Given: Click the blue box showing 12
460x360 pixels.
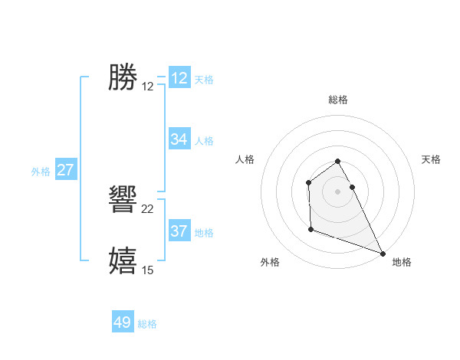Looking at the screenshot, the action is pos(179,78).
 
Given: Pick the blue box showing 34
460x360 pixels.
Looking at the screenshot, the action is pos(179,139).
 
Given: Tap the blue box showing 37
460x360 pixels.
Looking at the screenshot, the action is pos(179,231).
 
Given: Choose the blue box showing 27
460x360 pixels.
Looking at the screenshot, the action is pos(65,170).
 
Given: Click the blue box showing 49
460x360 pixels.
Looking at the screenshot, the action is pos(123,322).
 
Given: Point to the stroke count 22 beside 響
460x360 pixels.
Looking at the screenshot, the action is pos(148,209).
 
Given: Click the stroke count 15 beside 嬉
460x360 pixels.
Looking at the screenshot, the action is pos(148,270).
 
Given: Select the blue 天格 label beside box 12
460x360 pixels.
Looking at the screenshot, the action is pos(204,80).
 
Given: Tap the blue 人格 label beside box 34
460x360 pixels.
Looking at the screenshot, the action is pos(204,141).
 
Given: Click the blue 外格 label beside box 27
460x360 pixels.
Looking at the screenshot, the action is pos(41,172).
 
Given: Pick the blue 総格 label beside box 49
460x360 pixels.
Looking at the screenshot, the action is pos(147,324).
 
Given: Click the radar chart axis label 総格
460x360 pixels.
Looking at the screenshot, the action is pos(337,100).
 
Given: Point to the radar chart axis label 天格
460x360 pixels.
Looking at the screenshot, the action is pos(431,159).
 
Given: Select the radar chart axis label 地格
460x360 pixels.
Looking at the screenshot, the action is pos(402,262).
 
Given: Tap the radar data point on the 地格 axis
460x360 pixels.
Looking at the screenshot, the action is pos(383,253).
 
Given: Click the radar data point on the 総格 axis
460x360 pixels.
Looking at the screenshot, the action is pos(337,162).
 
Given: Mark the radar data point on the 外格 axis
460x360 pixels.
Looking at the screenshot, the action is pos(310,229).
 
